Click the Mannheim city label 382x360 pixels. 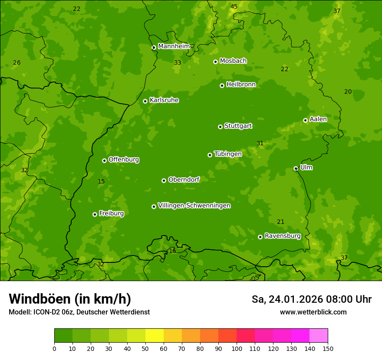(x=174, y=46)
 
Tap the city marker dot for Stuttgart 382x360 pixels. (x=220, y=127)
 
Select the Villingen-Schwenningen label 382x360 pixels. (x=194, y=206)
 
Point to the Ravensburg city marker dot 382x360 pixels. (x=260, y=237)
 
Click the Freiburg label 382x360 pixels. (x=111, y=213)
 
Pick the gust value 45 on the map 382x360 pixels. (x=234, y=7)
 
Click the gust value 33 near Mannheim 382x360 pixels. (x=178, y=62)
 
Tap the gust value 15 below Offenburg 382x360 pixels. (x=101, y=181)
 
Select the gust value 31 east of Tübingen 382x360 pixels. (x=260, y=143)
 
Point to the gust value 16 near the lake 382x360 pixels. (x=172, y=251)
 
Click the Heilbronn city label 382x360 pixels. (x=241, y=84)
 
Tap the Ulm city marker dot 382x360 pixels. (x=296, y=168)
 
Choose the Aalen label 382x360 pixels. (x=318, y=119)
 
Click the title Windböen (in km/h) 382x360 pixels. (x=70, y=299)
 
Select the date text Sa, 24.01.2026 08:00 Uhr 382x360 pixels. (x=311, y=299)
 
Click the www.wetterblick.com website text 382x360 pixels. (x=313, y=312)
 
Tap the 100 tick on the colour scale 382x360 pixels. (x=237, y=348)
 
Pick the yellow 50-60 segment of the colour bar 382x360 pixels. (x=155, y=335)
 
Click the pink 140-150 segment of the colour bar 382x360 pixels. (x=319, y=335)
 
